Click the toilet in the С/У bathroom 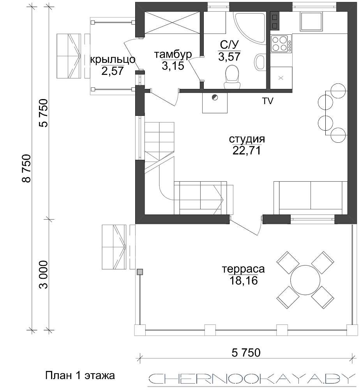232,77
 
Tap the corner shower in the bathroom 250,27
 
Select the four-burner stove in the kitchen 281,44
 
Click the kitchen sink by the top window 312,21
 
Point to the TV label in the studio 268,101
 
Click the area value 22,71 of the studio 247,151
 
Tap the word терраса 243,269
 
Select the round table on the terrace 305,280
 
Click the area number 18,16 243,281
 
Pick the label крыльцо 113,60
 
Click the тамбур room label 173,55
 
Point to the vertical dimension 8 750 26,168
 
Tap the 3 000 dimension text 44,275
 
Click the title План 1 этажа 80,375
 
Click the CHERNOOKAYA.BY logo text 251,379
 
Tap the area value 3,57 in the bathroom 229,57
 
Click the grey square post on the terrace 140,272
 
